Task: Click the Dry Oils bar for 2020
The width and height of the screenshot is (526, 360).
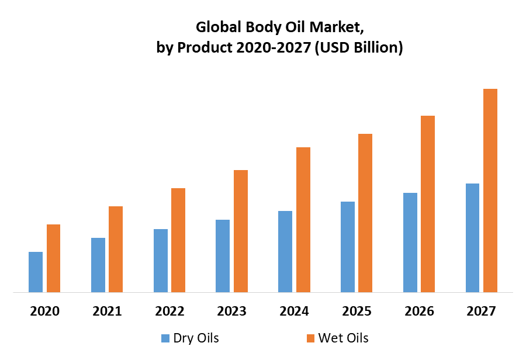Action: pyautogui.click(x=36, y=272)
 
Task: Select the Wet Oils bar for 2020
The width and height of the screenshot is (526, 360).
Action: pyautogui.click(x=53, y=258)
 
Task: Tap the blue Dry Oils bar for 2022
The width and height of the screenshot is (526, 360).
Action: pyautogui.click(x=161, y=261)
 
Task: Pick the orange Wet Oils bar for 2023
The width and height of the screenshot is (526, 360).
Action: pyautogui.click(x=241, y=231)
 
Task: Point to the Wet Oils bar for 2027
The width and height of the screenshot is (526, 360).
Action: pyautogui.click(x=490, y=191)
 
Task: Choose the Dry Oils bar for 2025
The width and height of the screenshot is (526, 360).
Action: pyautogui.click(x=348, y=247)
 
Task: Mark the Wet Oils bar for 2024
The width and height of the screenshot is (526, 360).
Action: pyautogui.click(x=303, y=220)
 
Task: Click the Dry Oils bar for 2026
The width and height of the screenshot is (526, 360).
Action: pyautogui.click(x=410, y=243)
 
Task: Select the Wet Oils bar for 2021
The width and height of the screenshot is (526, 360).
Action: pyautogui.click(x=116, y=249)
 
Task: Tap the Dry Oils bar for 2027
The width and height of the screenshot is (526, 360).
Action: pyautogui.click(x=472, y=238)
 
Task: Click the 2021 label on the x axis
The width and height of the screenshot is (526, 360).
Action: pyautogui.click(x=107, y=311)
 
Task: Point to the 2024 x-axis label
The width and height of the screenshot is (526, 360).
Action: pyautogui.click(x=295, y=311)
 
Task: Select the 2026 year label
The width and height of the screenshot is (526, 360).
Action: pyautogui.click(x=419, y=311)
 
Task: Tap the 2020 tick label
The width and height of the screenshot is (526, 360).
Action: pyautogui.click(x=44, y=311)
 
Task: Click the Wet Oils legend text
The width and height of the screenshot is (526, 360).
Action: pyautogui.click(x=343, y=338)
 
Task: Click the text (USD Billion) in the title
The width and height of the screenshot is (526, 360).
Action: pyautogui.click(x=359, y=48)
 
